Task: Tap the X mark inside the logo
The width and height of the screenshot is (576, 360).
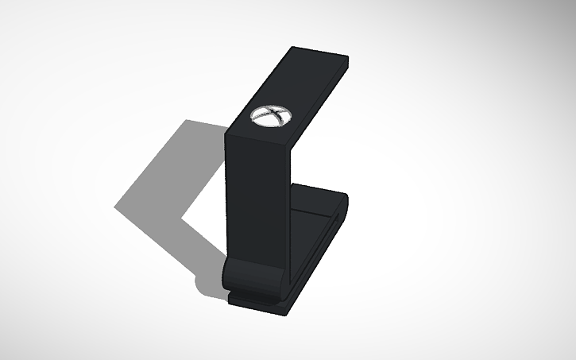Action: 270,116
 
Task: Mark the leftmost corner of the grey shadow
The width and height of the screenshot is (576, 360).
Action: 114,207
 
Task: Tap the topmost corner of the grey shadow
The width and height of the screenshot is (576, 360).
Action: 186,120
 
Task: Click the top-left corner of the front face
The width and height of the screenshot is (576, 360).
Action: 227,134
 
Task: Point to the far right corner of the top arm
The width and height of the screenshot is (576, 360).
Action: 348,56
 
